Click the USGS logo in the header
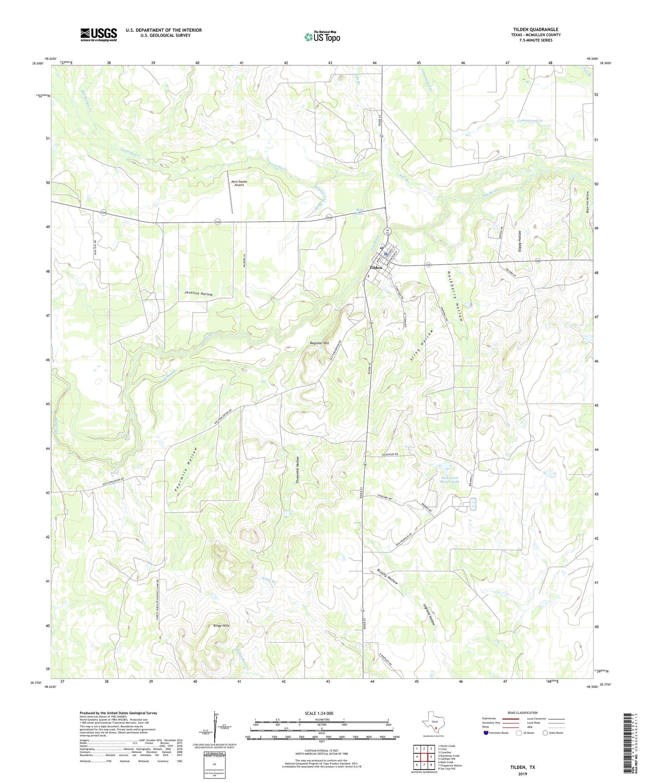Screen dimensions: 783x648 click(99, 35)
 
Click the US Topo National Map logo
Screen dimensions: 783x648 click(322, 37)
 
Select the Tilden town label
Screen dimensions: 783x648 click(375, 268)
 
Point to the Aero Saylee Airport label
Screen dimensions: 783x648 click(239, 183)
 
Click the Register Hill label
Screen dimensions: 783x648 click(319, 343)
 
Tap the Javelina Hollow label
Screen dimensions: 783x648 click(198, 294)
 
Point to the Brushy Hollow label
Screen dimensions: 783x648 click(387, 577)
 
